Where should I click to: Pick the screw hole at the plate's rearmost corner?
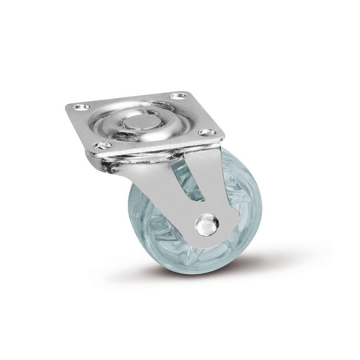click(179, 96)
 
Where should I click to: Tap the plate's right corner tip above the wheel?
click(224, 137)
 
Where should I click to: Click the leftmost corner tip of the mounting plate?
click(66, 107)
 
